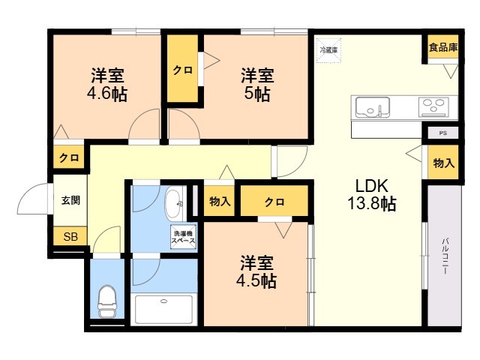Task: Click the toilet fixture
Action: point(106,301)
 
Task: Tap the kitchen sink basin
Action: point(373,107)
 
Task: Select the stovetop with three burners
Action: point(433,106)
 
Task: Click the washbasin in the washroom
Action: point(174,204)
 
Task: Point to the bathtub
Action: point(163,309)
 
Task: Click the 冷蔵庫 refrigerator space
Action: point(328,50)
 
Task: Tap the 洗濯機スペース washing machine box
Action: point(183,237)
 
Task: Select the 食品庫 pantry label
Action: point(443,47)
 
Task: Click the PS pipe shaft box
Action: point(442,133)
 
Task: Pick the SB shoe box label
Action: point(70,236)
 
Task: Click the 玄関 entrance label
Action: point(70,200)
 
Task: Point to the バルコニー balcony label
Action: point(445,256)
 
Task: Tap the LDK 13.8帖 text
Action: point(372,194)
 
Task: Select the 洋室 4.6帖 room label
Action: point(107,85)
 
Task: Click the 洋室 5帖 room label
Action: point(257,85)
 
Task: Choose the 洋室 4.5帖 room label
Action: point(256,271)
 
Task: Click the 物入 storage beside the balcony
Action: point(443,163)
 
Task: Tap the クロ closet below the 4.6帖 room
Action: point(69,157)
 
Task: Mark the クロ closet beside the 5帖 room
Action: point(182,69)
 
